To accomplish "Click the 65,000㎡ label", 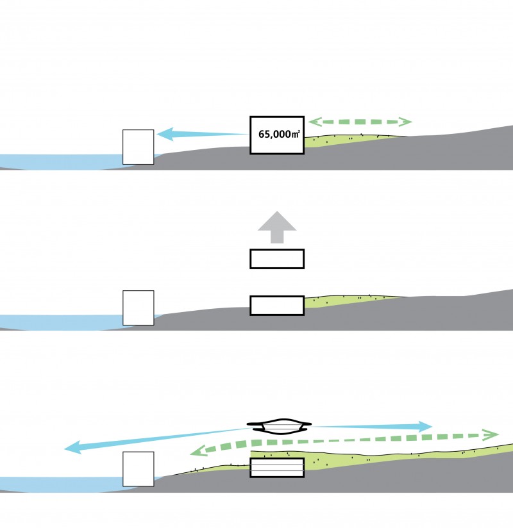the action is tap(279, 134).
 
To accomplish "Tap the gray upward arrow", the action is tap(277, 227).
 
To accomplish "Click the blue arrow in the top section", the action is tap(203, 134).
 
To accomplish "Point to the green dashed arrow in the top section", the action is tap(360, 122).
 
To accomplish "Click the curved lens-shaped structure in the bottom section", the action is tap(279, 433).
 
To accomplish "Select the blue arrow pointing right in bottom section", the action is tap(371, 426).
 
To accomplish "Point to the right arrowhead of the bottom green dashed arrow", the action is tap(491, 434).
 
